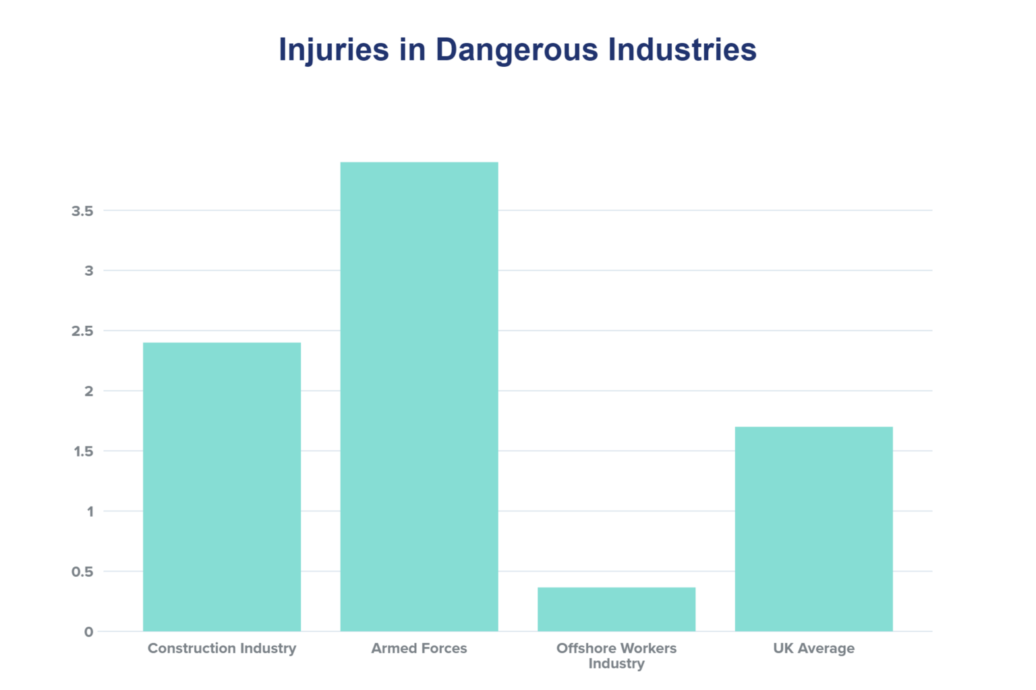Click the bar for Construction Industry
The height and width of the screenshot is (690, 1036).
click(x=221, y=486)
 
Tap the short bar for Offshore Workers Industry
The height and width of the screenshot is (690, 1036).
click(x=616, y=609)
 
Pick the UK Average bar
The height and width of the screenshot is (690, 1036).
click(x=813, y=529)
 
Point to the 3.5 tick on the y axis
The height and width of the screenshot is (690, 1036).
click(x=82, y=211)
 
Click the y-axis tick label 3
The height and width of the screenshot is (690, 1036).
click(x=88, y=271)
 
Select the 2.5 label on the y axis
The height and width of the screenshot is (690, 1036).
click(x=82, y=331)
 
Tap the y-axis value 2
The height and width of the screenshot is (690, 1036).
click(x=88, y=391)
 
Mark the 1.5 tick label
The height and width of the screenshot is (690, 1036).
click(x=83, y=451)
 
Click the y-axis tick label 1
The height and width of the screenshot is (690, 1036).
click(x=89, y=511)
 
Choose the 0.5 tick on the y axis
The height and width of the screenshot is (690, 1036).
click(x=82, y=572)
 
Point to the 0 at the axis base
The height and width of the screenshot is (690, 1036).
click(x=88, y=632)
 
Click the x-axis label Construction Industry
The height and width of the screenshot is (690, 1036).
click(x=221, y=648)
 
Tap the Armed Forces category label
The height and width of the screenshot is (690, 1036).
click(x=419, y=648)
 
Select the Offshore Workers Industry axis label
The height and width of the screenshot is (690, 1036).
click(x=616, y=656)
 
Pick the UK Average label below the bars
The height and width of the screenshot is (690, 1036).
click(x=813, y=648)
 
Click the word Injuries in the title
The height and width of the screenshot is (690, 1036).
click(x=334, y=51)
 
